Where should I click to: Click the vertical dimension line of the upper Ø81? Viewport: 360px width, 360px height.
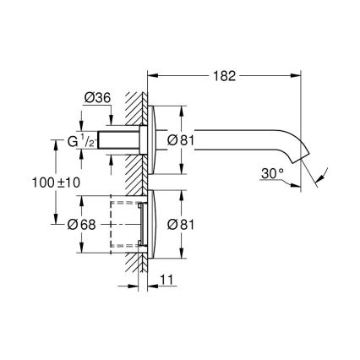183,118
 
